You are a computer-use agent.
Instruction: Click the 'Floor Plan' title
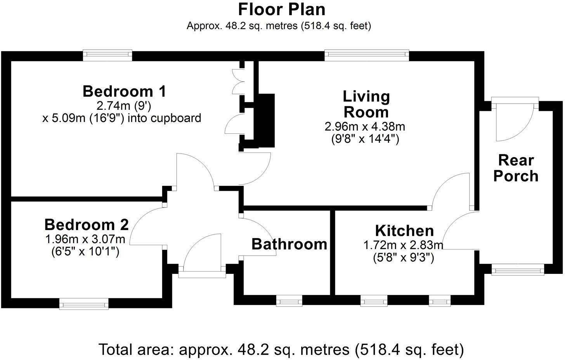(x=282, y=10)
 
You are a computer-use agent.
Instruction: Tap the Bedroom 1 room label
(x=124, y=91)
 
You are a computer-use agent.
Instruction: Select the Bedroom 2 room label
(x=87, y=225)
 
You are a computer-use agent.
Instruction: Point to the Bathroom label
(x=289, y=244)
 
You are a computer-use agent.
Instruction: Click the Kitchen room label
(x=404, y=230)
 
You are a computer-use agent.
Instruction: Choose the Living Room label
(x=366, y=104)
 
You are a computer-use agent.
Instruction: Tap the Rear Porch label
(x=516, y=168)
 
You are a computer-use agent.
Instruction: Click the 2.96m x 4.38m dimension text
(x=365, y=126)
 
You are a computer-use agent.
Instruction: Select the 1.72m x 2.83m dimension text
(x=403, y=245)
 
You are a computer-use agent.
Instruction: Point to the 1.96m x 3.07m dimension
(x=85, y=239)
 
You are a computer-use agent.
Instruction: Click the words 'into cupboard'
(x=165, y=118)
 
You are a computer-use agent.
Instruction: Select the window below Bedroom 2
(x=84, y=303)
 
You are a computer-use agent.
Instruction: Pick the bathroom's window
(x=289, y=301)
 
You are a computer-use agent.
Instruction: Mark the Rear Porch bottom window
(x=518, y=269)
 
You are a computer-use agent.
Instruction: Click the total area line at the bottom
(x=281, y=350)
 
